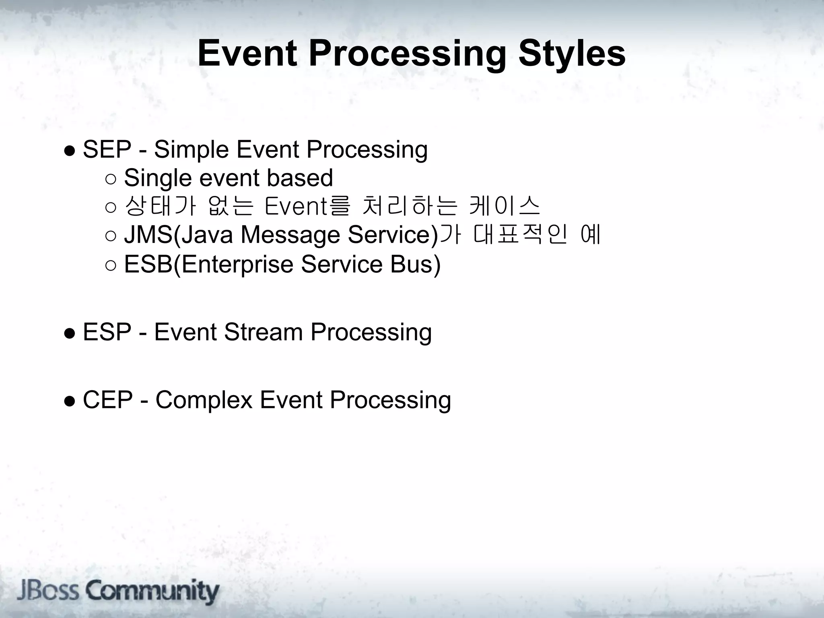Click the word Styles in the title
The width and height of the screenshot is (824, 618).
(572, 54)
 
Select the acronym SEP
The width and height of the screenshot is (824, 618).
(107, 149)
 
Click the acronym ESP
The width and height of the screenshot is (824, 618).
(107, 332)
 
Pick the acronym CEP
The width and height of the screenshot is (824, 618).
(107, 400)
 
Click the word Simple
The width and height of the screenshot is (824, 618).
(192, 149)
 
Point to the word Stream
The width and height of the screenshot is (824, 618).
(264, 332)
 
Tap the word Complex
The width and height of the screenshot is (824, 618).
(204, 400)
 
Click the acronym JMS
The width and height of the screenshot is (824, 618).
(148, 235)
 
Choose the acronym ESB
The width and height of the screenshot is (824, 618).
(148, 264)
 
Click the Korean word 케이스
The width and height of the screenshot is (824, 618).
(505, 206)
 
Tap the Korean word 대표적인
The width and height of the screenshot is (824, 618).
(520, 235)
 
